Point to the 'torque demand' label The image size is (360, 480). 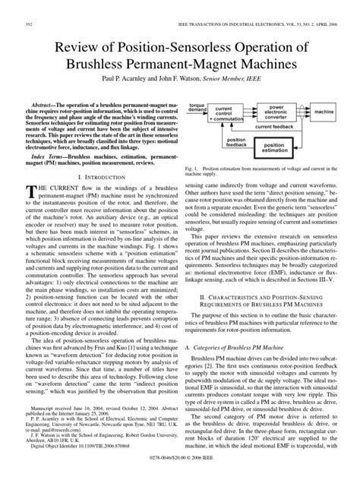click(x=197, y=107)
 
